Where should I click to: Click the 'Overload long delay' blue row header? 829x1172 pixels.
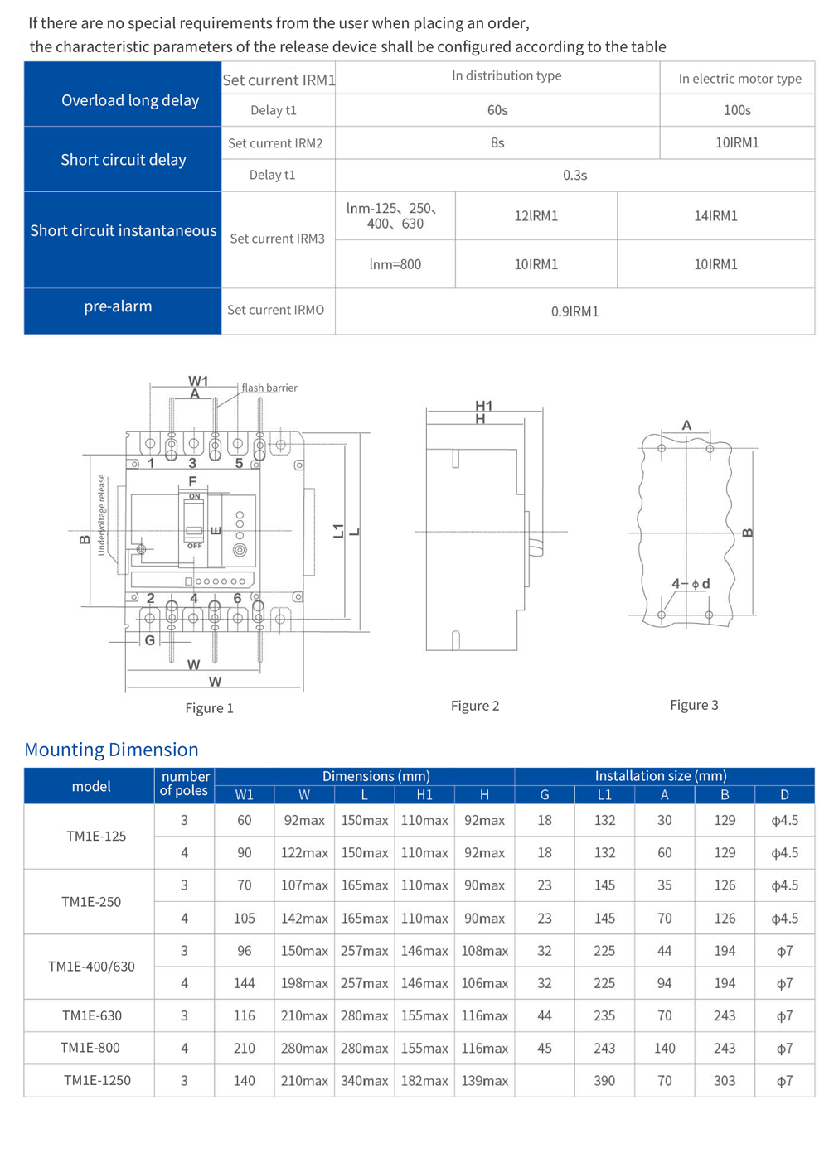click(x=130, y=100)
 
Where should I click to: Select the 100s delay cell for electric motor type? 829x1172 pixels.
click(x=737, y=110)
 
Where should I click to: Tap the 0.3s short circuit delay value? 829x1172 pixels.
click(x=574, y=176)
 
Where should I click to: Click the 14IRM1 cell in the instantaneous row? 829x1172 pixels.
click(x=715, y=216)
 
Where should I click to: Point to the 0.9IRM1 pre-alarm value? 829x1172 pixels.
click(x=574, y=311)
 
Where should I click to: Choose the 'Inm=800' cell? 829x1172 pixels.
click(x=395, y=264)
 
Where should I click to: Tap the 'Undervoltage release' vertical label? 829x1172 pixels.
click(x=102, y=514)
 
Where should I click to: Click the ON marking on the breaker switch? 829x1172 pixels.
click(x=194, y=496)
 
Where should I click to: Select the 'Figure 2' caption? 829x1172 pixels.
click(x=474, y=706)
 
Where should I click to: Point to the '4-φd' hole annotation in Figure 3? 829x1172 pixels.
click(x=691, y=584)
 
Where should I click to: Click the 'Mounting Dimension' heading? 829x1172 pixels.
click(x=111, y=750)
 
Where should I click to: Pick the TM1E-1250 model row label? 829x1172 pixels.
click(x=97, y=1081)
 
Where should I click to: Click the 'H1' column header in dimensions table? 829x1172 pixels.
click(x=424, y=795)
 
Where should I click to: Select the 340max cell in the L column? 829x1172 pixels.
click(x=364, y=1081)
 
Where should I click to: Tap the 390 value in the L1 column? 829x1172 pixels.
click(x=604, y=1081)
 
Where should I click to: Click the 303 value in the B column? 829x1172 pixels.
click(x=725, y=1081)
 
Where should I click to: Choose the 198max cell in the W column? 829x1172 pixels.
click(x=304, y=984)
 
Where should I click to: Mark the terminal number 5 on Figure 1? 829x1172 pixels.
click(x=239, y=464)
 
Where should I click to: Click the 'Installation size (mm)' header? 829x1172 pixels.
click(x=661, y=776)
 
